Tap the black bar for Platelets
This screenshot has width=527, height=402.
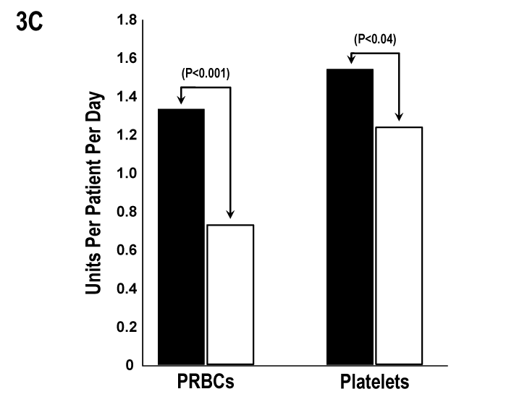pos(350,216)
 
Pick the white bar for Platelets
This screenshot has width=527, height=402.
pos(399,245)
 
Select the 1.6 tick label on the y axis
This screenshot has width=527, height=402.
pos(127,59)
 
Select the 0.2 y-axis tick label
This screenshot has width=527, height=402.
pos(127,327)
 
